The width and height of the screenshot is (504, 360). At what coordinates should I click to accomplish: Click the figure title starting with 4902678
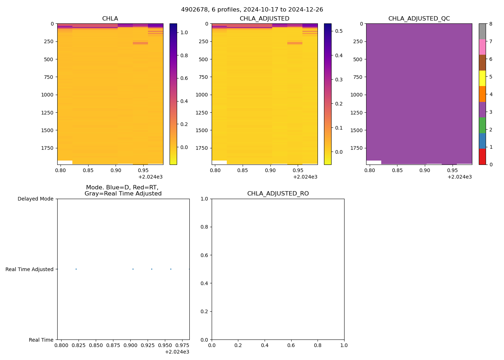tap(252, 10)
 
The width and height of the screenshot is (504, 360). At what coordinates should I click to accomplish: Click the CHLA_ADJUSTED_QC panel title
tap(419, 19)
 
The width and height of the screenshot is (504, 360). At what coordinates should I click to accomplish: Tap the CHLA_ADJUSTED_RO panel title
tap(278, 194)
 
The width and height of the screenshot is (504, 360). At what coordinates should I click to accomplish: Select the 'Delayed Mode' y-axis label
tap(35, 199)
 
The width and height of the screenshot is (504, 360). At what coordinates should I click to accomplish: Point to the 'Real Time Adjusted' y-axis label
tap(30, 269)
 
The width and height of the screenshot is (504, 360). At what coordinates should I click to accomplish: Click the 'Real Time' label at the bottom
tap(41, 340)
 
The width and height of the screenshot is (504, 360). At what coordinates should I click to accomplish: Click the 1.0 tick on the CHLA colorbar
tap(184, 32)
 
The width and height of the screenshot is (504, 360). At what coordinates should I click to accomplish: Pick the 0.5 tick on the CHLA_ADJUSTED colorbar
tap(339, 31)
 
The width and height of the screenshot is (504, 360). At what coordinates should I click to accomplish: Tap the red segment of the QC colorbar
tap(482, 157)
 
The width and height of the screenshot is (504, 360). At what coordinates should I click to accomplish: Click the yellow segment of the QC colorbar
tap(482, 78)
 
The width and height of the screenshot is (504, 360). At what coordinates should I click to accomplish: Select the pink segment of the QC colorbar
tap(482, 47)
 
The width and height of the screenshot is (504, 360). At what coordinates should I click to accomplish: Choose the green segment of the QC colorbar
tap(482, 125)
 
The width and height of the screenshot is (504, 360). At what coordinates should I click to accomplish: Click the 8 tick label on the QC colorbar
tap(491, 24)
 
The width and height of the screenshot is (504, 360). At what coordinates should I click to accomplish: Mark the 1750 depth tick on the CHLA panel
tap(48, 148)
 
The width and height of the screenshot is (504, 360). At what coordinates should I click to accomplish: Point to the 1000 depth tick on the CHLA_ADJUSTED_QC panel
tap(356, 95)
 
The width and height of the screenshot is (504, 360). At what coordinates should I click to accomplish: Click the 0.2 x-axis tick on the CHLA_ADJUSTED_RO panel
tap(238, 345)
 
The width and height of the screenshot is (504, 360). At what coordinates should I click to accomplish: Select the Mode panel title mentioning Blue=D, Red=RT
tap(123, 190)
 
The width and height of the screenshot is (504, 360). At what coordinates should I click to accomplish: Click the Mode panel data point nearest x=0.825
tap(76, 269)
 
